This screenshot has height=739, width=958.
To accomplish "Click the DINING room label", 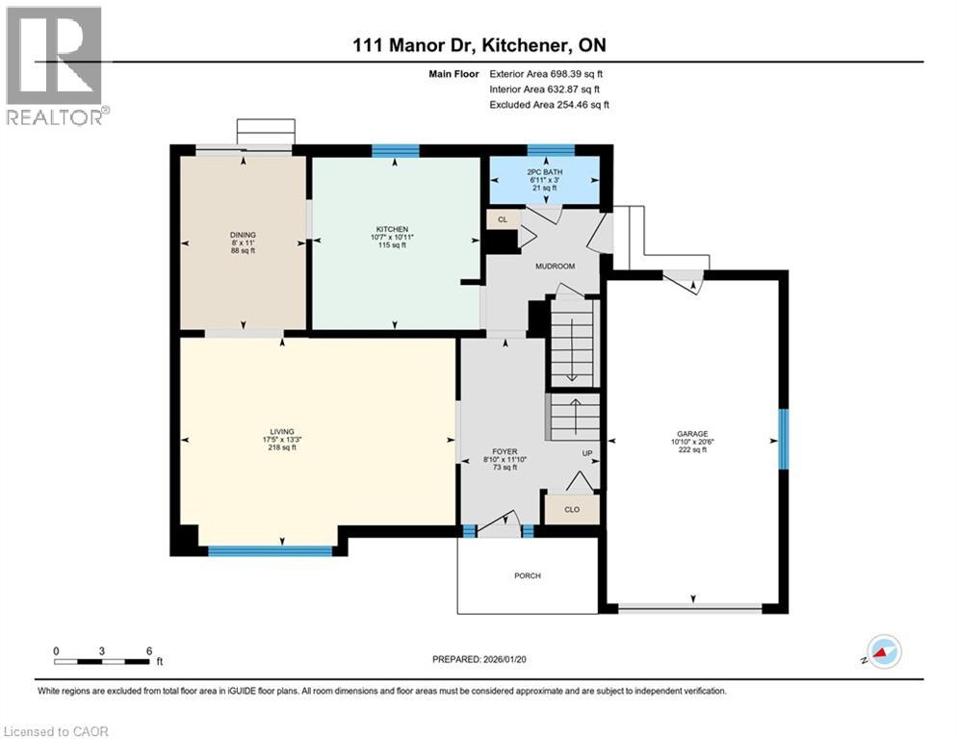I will pos(243,234).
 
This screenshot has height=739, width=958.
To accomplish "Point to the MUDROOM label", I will pos(554,265).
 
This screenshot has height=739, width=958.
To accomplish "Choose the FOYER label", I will pos(505,451).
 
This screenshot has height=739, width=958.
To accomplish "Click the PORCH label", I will pos(527,575).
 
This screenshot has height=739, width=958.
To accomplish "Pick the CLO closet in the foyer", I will pos(572,509).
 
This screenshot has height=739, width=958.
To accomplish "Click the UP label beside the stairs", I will pos(585,453).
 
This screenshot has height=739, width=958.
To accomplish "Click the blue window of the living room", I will pos(270,551).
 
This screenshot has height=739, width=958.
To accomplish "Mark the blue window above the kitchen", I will pos(396,150).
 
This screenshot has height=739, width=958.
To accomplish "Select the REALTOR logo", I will pos(55,64).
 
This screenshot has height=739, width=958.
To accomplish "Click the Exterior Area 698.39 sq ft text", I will pos(547,73).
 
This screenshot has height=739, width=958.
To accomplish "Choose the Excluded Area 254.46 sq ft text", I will pos(549,104).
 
